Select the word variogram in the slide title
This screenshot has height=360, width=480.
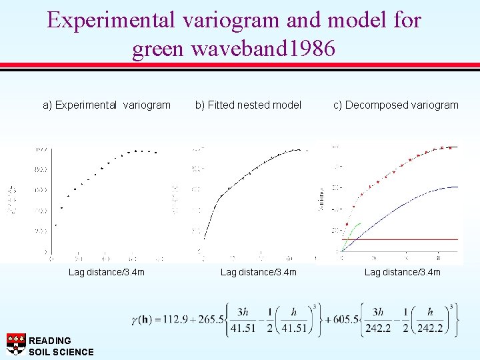point(225,20)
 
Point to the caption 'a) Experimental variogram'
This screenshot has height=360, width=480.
point(107,105)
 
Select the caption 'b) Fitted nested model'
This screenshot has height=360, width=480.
point(248,105)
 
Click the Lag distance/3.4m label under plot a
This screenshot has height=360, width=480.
point(107,271)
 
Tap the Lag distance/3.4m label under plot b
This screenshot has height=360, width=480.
point(259,271)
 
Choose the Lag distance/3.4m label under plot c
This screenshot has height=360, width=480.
point(402,271)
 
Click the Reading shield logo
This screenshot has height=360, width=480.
point(16,343)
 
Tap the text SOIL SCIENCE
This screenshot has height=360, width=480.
point(61,352)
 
